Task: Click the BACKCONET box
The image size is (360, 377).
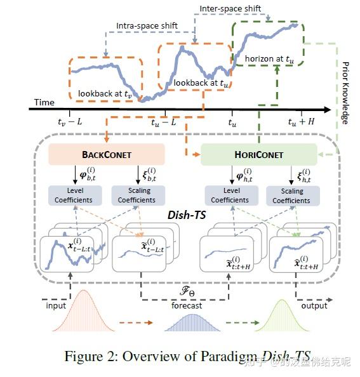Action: (x=106, y=154)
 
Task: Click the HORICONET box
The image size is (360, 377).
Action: (x=258, y=154)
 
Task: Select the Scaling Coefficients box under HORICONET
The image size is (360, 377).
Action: (x=292, y=195)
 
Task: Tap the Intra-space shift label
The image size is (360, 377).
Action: (x=147, y=26)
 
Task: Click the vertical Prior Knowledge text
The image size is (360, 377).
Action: (x=345, y=92)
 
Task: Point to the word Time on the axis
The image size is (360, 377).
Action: (x=44, y=102)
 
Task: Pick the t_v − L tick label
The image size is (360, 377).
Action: (x=70, y=122)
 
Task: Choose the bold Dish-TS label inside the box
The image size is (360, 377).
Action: (x=182, y=215)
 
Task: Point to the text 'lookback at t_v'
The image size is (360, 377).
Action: (x=105, y=93)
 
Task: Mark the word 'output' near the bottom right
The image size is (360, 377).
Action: (x=314, y=305)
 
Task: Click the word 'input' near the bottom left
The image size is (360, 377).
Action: (x=56, y=305)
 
